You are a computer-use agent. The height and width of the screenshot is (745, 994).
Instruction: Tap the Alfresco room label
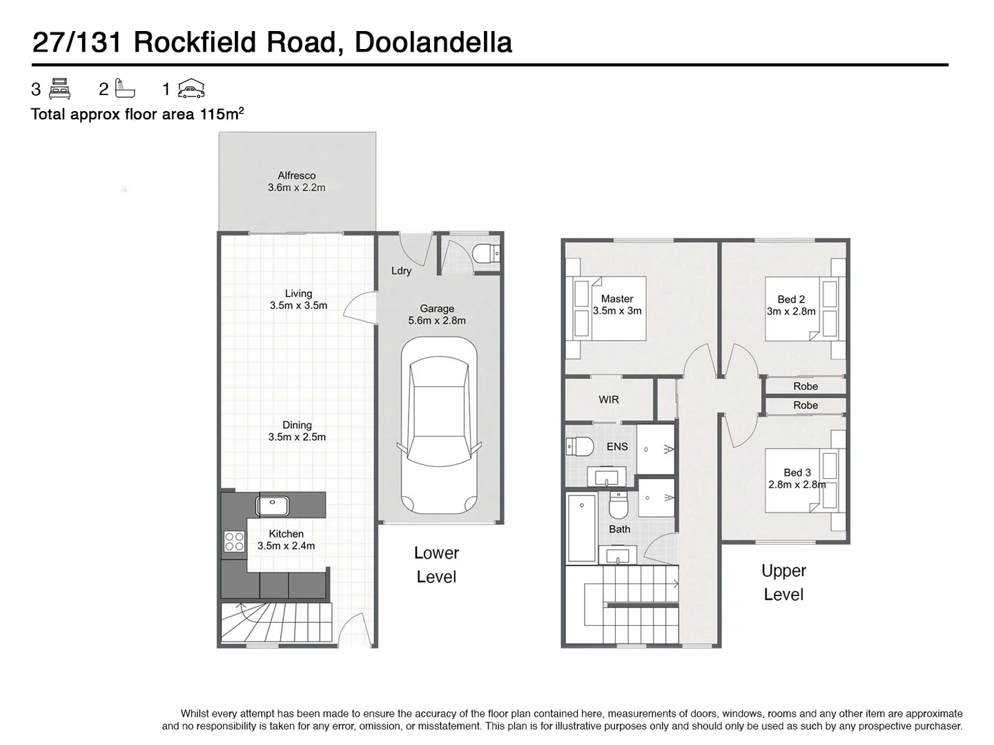297,176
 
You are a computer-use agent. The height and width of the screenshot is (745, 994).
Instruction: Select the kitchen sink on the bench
273,506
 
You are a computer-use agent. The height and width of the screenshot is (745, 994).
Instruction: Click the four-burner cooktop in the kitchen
234,542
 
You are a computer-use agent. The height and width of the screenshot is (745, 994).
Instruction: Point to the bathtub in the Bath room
581,528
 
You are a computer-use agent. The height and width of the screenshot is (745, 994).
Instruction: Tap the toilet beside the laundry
487,254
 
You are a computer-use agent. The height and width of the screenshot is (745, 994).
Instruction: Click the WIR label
608,399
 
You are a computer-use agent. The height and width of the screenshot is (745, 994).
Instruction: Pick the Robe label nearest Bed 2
805,386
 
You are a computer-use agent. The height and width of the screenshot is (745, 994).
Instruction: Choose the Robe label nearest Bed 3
805,406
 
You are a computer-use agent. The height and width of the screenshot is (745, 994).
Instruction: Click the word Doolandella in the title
433,43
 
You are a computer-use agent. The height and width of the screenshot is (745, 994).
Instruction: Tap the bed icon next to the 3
60,89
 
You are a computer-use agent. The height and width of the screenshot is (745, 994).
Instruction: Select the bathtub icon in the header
125,88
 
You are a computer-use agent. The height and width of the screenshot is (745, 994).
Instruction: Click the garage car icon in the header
191,88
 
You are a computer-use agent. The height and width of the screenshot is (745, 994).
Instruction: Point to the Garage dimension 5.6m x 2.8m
437,320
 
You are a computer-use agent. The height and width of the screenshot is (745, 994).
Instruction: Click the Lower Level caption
436,565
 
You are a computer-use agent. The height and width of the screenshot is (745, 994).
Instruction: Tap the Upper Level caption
783,582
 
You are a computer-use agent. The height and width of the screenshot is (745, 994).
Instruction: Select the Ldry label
401,271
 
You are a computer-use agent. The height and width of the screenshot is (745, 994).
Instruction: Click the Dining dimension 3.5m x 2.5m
297,437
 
